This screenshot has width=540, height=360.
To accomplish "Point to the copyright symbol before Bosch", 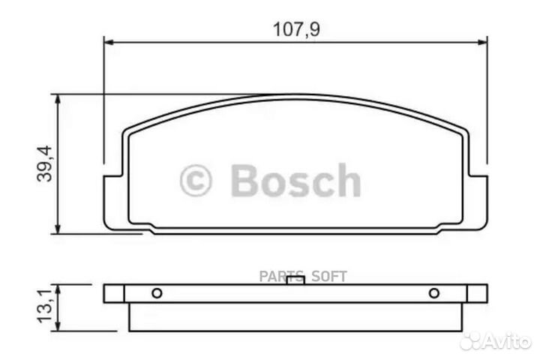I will coord(196,181).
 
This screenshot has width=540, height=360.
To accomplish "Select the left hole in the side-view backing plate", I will coord(157,293).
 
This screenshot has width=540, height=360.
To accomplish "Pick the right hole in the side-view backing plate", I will coord(433,293).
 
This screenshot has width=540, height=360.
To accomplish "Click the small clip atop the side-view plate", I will coord(295,280).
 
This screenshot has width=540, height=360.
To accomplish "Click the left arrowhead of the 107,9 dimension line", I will coord(106,42).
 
